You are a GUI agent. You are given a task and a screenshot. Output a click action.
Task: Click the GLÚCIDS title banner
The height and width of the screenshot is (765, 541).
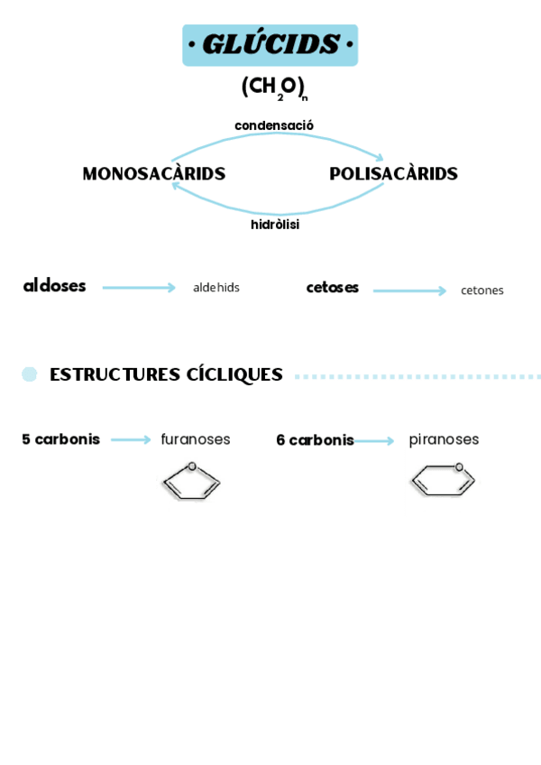(270, 45)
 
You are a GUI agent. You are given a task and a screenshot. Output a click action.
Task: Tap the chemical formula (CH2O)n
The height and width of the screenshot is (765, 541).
(274, 88)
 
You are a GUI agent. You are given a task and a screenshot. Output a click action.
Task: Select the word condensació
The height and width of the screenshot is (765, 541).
(274, 125)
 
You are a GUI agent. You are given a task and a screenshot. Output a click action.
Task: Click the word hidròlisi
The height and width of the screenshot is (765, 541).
(275, 225)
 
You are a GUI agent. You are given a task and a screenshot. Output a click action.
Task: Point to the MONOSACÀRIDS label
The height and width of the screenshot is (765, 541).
(154, 174)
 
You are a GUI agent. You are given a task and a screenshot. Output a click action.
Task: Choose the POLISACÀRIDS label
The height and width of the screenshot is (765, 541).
(393, 174)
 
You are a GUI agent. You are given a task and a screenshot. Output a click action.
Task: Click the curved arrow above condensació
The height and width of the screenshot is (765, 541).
(278, 135)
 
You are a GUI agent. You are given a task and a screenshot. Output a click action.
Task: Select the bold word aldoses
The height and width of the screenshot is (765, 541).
(55, 286)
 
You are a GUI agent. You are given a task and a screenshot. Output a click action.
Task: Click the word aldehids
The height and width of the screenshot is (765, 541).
(216, 288)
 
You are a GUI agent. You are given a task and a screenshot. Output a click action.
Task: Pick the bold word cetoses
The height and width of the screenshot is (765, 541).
(333, 288)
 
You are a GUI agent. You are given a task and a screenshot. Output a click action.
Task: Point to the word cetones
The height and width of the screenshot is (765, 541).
(482, 290)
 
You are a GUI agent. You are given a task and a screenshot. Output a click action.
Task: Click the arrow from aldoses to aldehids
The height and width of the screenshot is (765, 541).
(139, 288)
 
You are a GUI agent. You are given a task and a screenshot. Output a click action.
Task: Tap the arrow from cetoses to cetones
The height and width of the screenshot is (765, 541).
(409, 290)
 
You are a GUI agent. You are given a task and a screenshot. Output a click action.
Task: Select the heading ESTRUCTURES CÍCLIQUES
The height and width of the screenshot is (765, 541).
(166, 374)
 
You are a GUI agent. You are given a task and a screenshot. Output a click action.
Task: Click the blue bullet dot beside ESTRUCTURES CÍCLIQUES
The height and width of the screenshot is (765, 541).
(30, 374)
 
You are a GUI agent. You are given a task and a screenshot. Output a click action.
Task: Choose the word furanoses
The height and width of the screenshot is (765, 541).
(196, 439)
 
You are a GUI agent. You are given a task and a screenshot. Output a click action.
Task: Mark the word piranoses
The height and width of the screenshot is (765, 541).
(444, 439)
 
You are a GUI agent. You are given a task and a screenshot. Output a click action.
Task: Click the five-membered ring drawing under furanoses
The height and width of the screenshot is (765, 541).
(191, 481)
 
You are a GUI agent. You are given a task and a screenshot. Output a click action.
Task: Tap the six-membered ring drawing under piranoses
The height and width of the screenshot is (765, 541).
(443, 480)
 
